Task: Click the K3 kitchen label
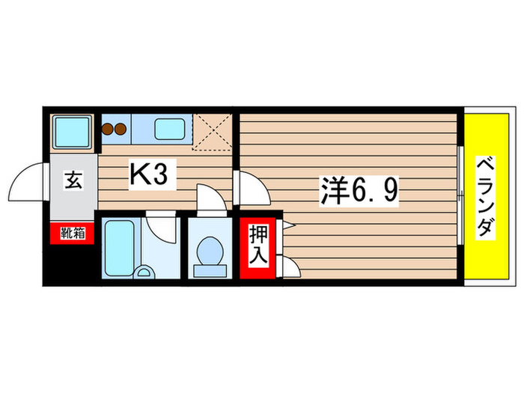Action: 153,175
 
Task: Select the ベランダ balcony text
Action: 487,196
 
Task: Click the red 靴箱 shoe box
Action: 73,234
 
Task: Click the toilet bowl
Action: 208,249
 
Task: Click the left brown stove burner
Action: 107,128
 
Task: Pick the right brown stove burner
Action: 119,128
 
